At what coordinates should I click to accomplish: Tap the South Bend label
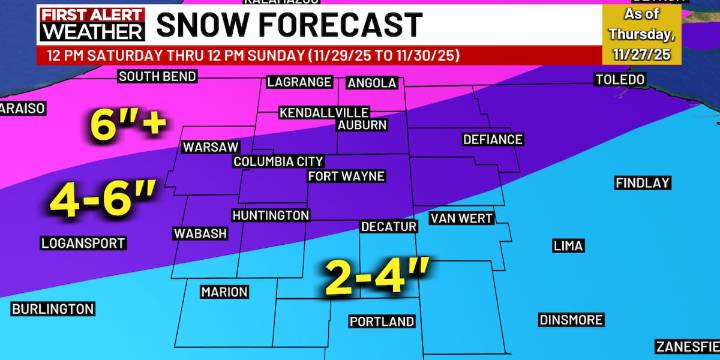pyautogui.click(x=155, y=77)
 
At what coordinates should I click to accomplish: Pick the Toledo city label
pyautogui.click(x=621, y=79)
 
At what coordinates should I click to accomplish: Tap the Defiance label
pyautogui.click(x=493, y=140)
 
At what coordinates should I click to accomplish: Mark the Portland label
pyautogui.click(x=382, y=322)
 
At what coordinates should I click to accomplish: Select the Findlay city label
pyautogui.click(x=642, y=183)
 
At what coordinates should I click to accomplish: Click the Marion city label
pyautogui.click(x=224, y=293)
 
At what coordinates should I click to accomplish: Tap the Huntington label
pyautogui.click(x=270, y=216)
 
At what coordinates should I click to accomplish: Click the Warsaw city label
pyautogui.click(x=209, y=147)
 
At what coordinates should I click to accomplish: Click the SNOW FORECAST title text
pyautogui.click(x=290, y=23)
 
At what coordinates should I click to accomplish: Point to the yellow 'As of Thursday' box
pyautogui.click(x=641, y=33)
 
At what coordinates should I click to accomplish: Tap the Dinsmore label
pyautogui.click(x=571, y=320)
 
